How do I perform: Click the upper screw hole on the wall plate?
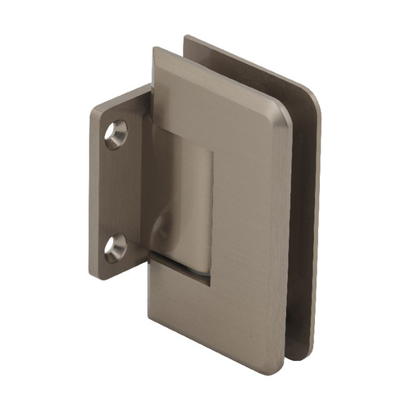tap(116, 134)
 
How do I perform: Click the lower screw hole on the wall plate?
tap(116, 245)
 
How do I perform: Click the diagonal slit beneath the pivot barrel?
tap(184, 263)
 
